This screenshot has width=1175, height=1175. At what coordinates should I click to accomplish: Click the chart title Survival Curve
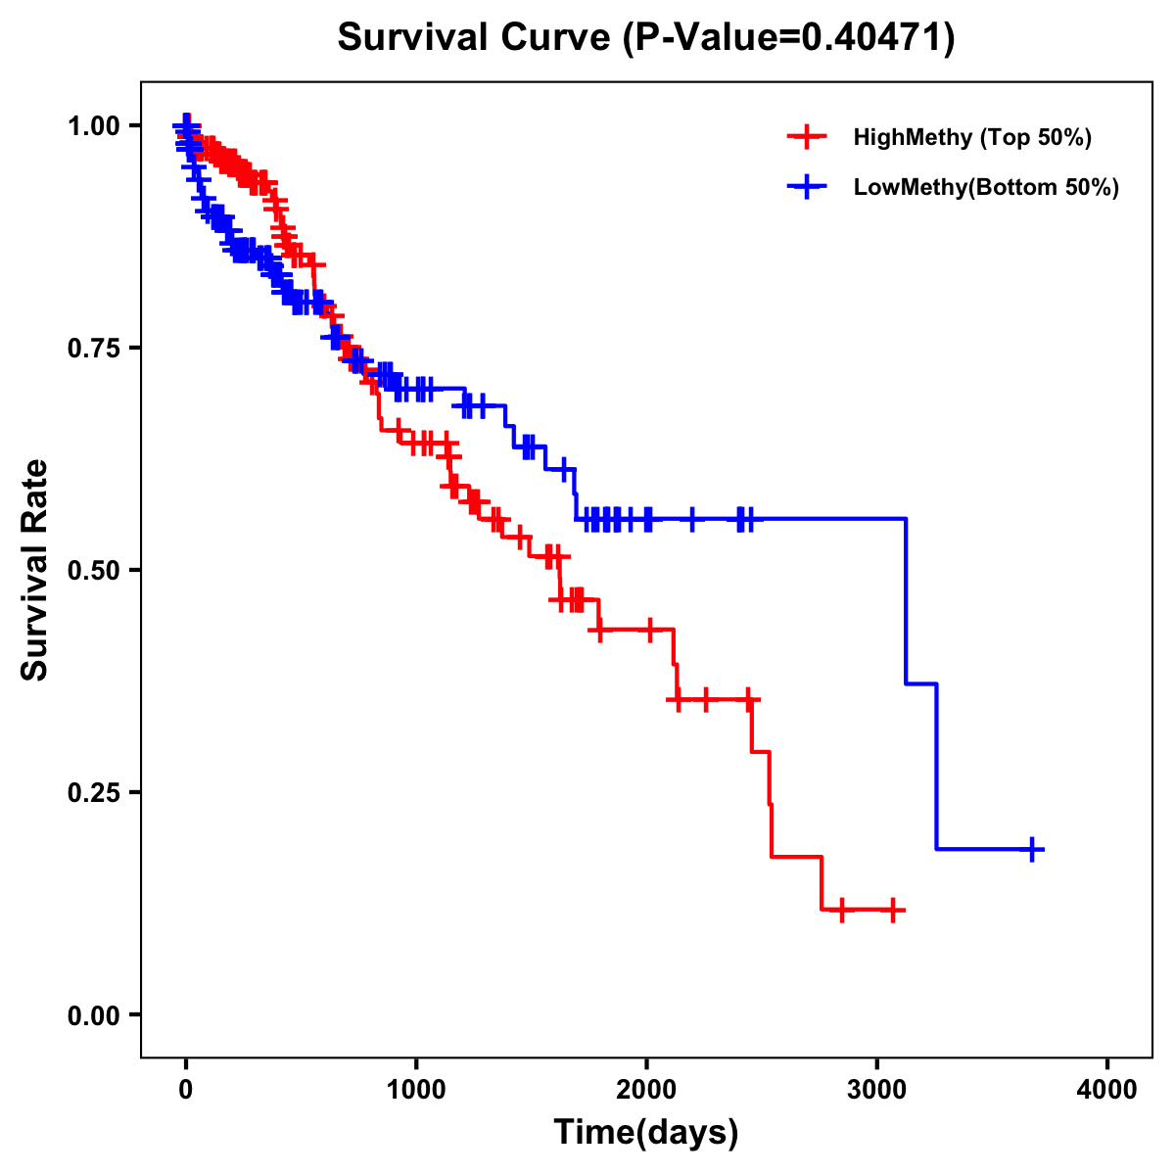click(x=477, y=37)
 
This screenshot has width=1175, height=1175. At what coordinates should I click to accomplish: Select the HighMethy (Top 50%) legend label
click(x=972, y=137)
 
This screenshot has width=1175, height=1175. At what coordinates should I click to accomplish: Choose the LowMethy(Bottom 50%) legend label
click(x=986, y=187)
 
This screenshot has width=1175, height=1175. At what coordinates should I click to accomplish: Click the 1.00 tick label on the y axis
click(x=92, y=125)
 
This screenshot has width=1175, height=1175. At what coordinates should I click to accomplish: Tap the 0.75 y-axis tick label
click(x=92, y=348)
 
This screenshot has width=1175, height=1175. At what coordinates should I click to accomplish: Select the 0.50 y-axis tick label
click(x=92, y=570)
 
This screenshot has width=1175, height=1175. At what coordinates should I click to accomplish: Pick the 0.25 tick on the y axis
click(x=92, y=792)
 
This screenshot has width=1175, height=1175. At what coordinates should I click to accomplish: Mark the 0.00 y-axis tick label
click(x=92, y=1014)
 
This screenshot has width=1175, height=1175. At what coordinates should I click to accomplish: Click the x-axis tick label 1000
click(x=416, y=1090)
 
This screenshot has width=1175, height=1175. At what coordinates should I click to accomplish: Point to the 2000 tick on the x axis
click(x=646, y=1090)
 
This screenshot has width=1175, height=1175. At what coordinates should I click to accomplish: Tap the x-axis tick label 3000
click(x=877, y=1090)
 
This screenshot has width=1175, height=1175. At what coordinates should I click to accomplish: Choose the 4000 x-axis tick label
click(x=1107, y=1090)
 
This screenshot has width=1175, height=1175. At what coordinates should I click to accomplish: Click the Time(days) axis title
click(x=646, y=1133)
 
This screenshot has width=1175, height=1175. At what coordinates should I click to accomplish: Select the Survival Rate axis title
click(x=35, y=569)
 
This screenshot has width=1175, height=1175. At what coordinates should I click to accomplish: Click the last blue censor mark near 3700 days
click(x=1032, y=849)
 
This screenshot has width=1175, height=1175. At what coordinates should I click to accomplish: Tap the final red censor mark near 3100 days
click(x=892, y=911)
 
